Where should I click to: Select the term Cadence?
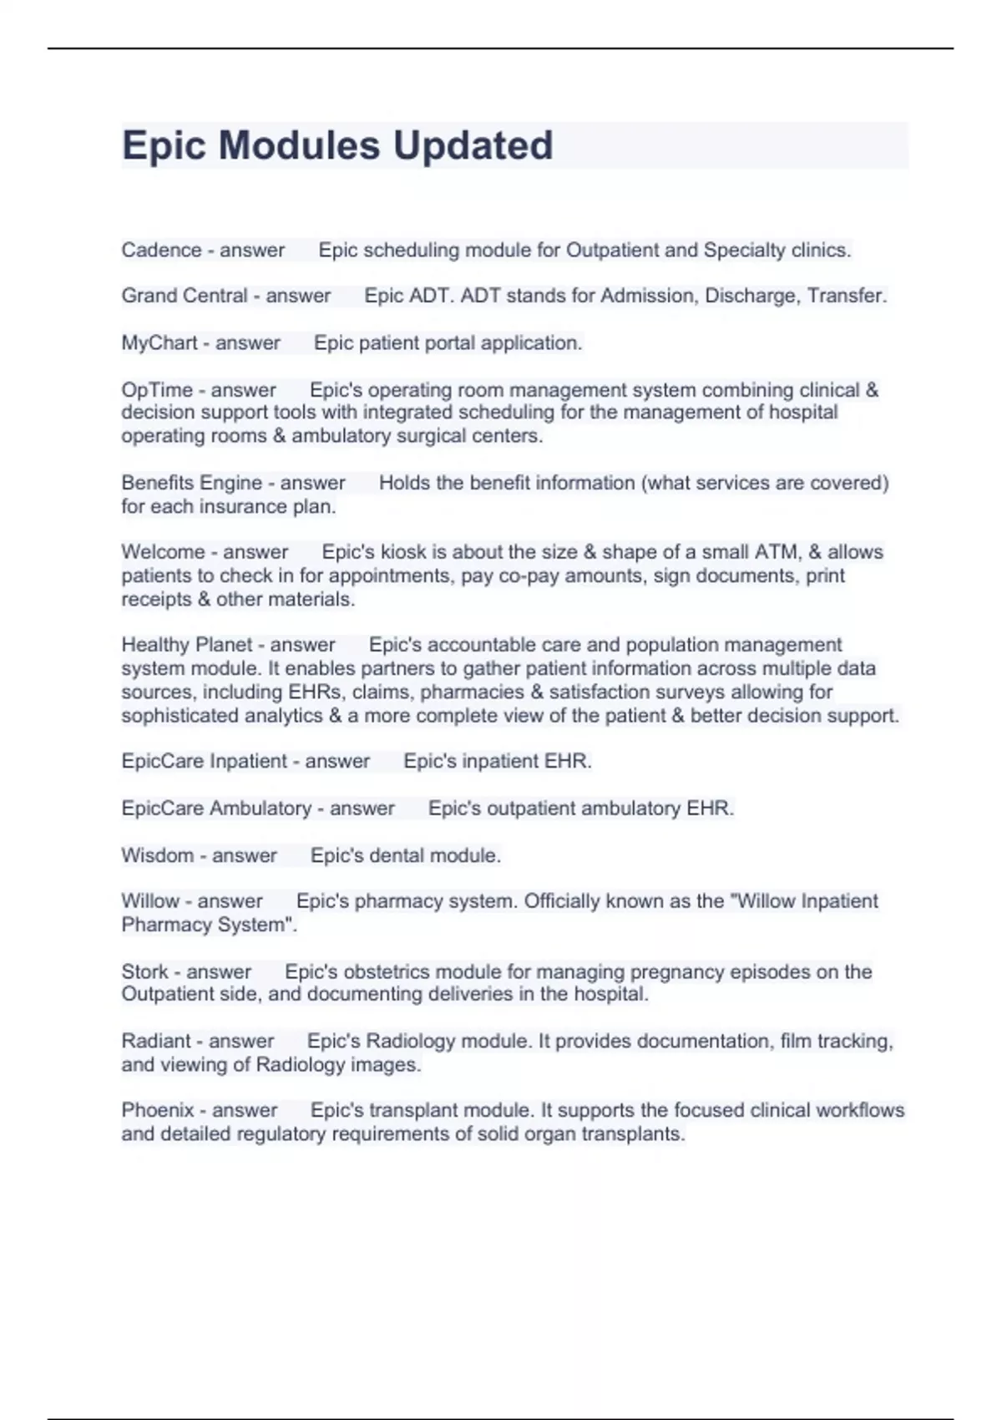coord(161,250)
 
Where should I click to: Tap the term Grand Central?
coord(185,296)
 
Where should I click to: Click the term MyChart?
coord(159,342)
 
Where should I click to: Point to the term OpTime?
coord(157,390)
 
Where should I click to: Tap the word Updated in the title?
coord(473,145)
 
